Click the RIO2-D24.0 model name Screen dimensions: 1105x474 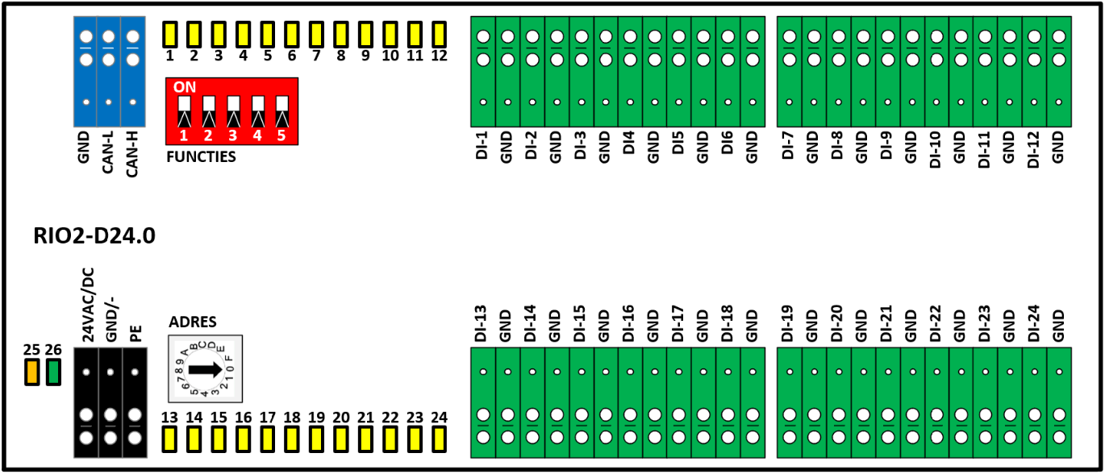click(x=94, y=235)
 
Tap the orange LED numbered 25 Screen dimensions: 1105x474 click(x=32, y=372)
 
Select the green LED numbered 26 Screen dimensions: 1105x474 click(x=53, y=372)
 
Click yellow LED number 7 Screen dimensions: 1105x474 click(x=316, y=35)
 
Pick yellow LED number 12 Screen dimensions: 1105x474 click(x=439, y=35)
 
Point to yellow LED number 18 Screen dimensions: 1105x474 click(x=292, y=439)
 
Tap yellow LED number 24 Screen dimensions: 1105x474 click(x=439, y=439)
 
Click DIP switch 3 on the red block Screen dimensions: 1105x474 click(x=233, y=111)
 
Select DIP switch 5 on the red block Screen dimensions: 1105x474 click(x=282, y=111)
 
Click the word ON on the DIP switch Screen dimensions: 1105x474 click(x=185, y=87)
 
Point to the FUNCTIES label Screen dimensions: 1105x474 click(x=201, y=157)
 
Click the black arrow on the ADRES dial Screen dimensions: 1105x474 click(x=206, y=369)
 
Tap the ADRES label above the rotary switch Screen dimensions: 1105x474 click(x=193, y=322)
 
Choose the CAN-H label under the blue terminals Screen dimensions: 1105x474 click(x=131, y=154)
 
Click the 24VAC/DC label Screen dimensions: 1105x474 click(x=87, y=305)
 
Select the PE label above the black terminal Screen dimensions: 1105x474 click(x=136, y=334)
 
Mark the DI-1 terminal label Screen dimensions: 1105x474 click(x=482, y=145)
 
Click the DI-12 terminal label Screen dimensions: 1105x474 click(x=1033, y=149)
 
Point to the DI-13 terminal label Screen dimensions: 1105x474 click(x=481, y=323)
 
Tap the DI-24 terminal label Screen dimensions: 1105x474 click(x=1033, y=323)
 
